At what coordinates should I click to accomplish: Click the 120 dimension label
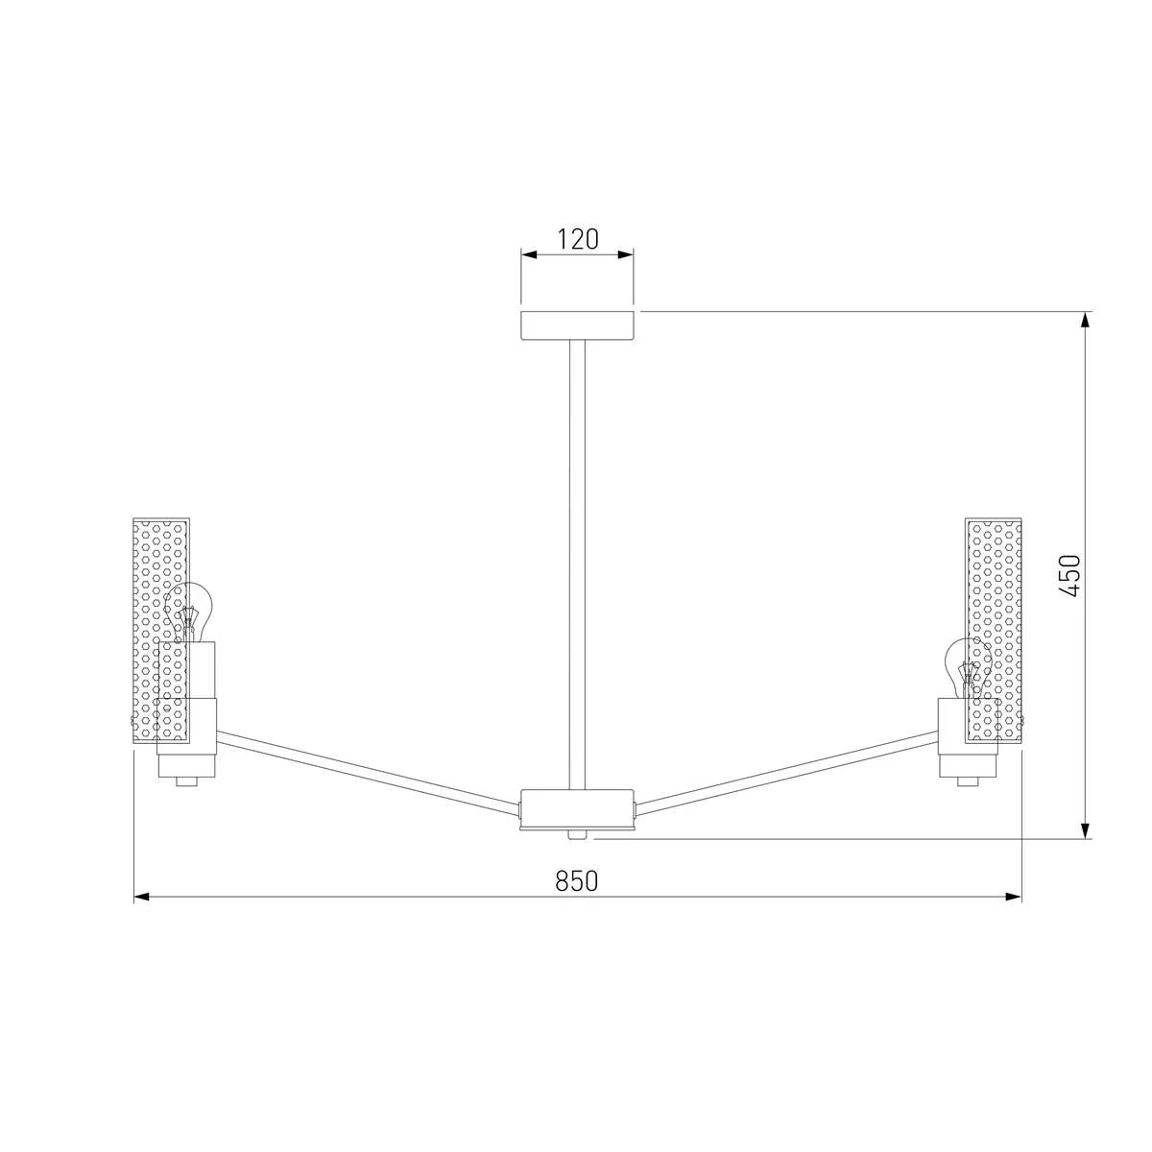pyautogui.click(x=578, y=239)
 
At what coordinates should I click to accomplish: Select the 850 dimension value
pyautogui.click(x=576, y=881)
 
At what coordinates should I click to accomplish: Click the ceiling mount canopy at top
pyautogui.click(x=577, y=325)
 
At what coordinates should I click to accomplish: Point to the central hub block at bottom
pyautogui.click(x=577, y=809)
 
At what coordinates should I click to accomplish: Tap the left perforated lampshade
pyautogui.click(x=161, y=631)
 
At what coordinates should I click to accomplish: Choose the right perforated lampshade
pyautogui.click(x=993, y=631)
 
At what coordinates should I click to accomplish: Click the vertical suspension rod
pyautogui.click(x=577, y=564)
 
